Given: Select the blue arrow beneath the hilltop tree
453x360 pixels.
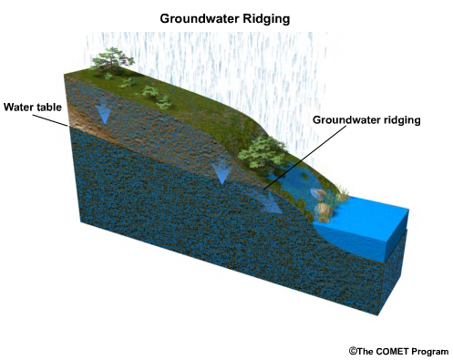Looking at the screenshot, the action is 104,112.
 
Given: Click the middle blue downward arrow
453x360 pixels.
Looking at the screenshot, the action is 220,170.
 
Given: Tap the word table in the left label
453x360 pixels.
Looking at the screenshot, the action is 49,107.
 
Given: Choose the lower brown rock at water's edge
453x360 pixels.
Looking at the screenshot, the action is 324,211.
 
